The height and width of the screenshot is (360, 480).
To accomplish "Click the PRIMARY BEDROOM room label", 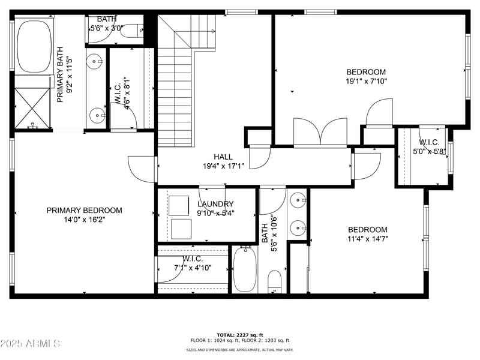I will point(84,211).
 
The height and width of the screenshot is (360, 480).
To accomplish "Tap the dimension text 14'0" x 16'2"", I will point(84,220).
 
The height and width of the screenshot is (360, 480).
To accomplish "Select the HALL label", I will point(223,157).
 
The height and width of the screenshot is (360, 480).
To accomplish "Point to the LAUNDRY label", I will point(215,204).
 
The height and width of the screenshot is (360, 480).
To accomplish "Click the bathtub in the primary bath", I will point(35,46).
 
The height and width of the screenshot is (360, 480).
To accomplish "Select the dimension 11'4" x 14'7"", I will point(368,239).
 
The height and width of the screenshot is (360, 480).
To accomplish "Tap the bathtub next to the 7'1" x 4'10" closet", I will point(244,269).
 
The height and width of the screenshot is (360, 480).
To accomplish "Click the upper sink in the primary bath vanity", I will point(95,61).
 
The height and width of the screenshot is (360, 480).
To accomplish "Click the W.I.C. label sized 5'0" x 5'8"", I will point(429,142).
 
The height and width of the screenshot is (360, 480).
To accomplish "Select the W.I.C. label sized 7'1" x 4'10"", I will point(193,259).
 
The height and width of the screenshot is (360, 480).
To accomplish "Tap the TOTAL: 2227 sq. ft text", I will point(239,334).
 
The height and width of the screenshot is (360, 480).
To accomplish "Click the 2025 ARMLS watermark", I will point(30,344).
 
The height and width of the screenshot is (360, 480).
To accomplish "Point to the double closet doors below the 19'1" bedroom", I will point(321,132).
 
